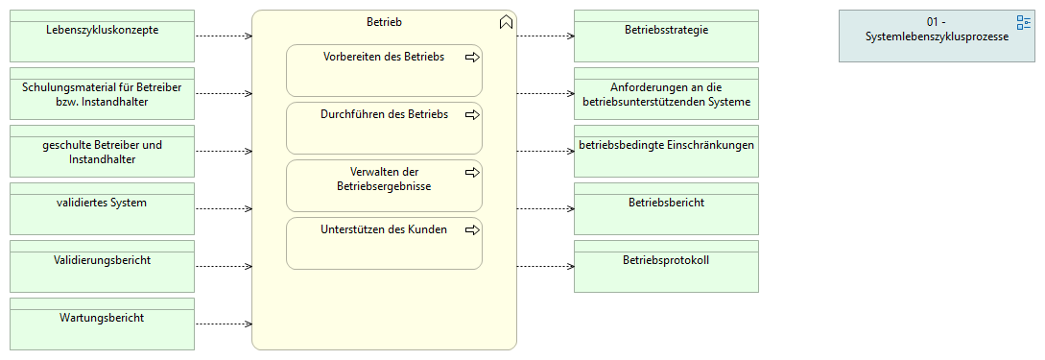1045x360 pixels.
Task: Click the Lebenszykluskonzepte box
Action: tap(102, 36)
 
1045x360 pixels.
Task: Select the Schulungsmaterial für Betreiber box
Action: tap(102, 94)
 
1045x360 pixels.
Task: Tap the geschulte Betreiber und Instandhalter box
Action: tap(102, 152)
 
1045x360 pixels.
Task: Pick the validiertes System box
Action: tap(102, 209)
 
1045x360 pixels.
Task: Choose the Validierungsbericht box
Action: tap(102, 267)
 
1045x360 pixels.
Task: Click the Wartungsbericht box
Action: tap(102, 324)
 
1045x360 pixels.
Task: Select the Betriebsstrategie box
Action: tap(666, 36)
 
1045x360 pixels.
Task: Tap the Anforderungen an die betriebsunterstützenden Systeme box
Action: tap(666, 94)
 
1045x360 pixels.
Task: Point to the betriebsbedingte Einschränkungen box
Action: tap(666, 152)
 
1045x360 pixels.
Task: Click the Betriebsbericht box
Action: tap(666, 209)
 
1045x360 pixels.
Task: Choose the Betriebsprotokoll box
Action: tap(666, 267)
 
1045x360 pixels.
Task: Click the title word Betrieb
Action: tap(384, 20)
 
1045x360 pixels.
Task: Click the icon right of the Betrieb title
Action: tap(506, 23)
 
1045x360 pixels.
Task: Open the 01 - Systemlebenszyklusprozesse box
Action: tap(935, 36)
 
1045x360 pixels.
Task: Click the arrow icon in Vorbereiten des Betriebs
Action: tap(471, 58)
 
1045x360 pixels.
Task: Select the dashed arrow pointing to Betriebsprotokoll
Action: tap(545, 266)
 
